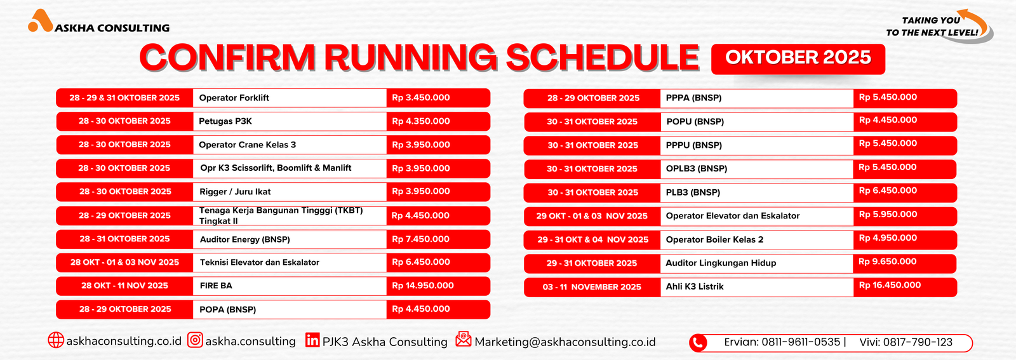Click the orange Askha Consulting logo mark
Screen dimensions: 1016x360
(x=40, y=21)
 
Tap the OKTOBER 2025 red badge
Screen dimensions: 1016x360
(x=798, y=59)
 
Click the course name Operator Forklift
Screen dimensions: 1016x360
(x=234, y=98)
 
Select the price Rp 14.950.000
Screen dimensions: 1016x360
(x=423, y=286)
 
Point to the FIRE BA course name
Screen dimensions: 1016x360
(x=216, y=286)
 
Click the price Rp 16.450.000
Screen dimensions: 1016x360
(x=890, y=285)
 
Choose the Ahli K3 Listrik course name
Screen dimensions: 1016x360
(x=695, y=286)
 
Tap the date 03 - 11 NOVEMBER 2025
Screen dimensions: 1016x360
(x=592, y=287)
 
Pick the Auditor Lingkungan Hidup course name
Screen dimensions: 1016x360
(x=721, y=263)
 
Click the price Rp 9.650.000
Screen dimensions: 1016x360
(x=888, y=262)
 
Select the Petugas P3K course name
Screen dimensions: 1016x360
(x=225, y=121)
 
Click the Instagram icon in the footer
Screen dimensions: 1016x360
(x=195, y=340)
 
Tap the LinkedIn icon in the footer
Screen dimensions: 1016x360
(x=312, y=340)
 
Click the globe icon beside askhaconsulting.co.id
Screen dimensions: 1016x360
(x=56, y=340)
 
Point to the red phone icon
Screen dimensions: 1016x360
(x=698, y=343)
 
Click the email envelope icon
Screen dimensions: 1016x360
(x=464, y=338)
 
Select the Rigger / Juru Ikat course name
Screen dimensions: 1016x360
(x=235, y=192)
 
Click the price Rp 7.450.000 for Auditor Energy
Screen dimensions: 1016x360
(x=420, y=239)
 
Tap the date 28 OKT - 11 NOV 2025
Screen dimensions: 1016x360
(x=124, y=286)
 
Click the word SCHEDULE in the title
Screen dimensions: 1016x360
(x=602, y=58)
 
